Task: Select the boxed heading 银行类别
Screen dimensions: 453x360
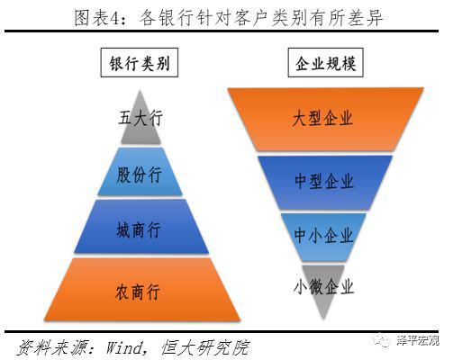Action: (x=140, y=63)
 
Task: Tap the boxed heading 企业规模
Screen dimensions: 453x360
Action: (x=326, y=63)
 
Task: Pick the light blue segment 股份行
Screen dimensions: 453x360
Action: (x=140, y=172)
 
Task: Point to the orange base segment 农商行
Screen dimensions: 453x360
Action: (x=142, y=290)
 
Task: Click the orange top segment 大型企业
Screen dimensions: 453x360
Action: (x=325, y=119)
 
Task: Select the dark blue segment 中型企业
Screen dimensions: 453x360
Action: (x=325, y=182)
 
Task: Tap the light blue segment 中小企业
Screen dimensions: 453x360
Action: (x=323, y=237)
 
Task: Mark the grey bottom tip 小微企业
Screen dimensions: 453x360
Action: (x=323, y=288)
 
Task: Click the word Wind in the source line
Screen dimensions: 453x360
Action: (x=124, y=348)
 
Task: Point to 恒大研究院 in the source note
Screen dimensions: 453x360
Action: (x=205, y=348)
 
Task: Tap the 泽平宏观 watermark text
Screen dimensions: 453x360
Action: (x=418, y=341)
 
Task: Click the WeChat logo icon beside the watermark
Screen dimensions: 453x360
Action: (x=382, y=341)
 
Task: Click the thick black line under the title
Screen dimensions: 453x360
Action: (x=222, y=31)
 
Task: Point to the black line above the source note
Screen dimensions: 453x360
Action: (x=222, y=332)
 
